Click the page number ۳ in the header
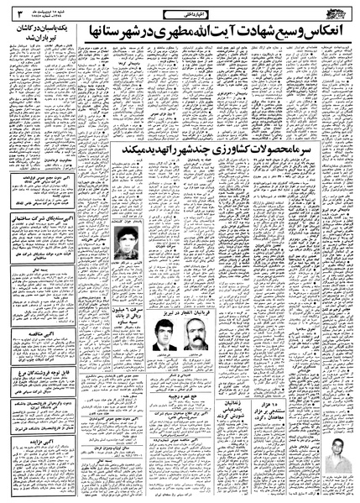[x=17, y=13]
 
